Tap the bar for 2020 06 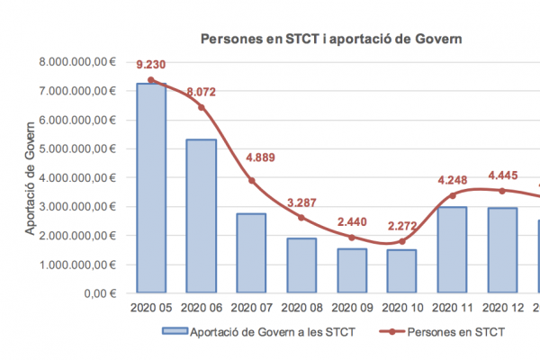click(202, 216)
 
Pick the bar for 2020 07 click(252, 253)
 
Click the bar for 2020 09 click(352, 270)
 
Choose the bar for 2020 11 click(453, 249)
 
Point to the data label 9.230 click(151, 65)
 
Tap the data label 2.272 click(402, 225)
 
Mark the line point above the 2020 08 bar click(301, 218)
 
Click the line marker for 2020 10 click(402, 241)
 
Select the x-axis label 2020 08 click(301, 307)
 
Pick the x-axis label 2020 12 click(503, 307)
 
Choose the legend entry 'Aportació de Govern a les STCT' click(261, 332)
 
